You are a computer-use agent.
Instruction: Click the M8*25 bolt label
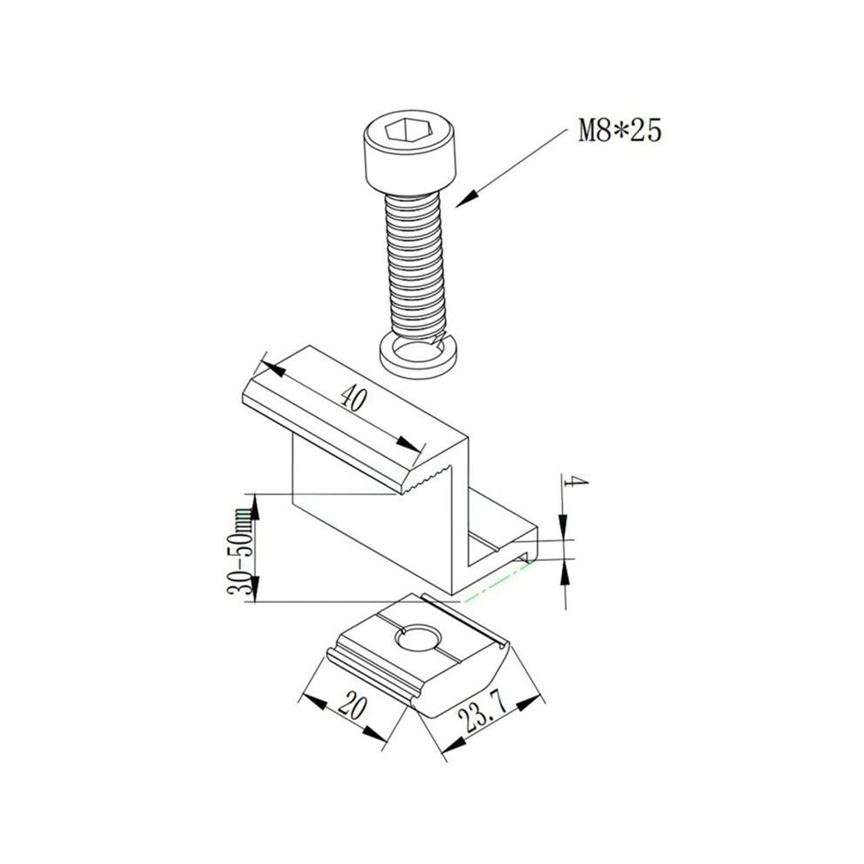[x=620, y=131]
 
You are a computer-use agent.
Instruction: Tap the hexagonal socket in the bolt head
[x=405, y=131]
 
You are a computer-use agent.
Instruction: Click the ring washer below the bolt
[x=418, y=358]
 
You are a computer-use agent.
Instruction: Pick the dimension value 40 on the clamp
[x=353, y=398]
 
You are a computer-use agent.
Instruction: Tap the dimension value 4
[x=576, y=482]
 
